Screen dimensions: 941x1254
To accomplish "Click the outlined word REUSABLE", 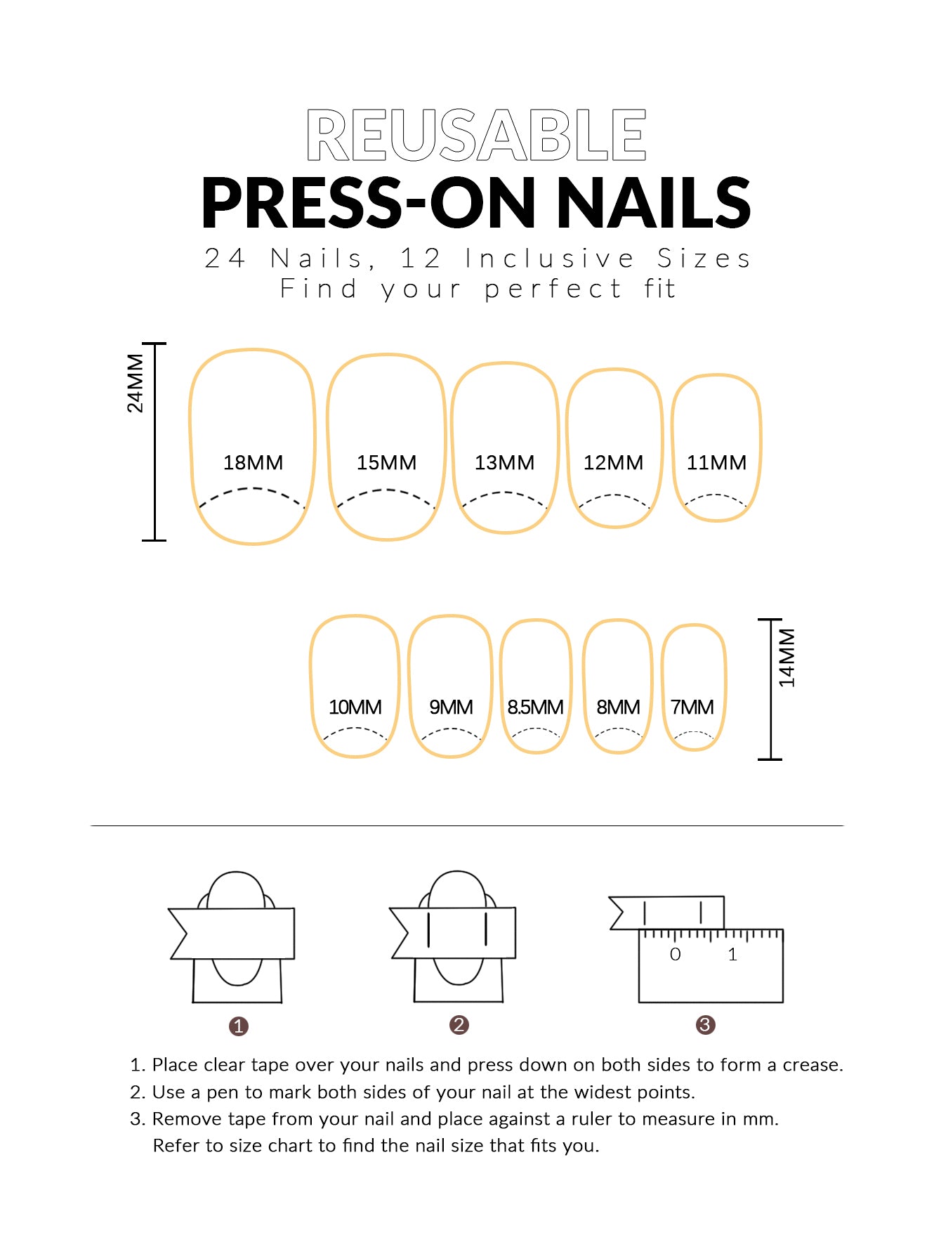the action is click(476, 135).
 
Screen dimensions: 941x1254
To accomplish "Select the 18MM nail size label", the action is click(253, 462).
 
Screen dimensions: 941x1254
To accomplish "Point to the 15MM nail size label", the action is click(386, 462).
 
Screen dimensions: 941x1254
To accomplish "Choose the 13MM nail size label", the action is click(504, 462).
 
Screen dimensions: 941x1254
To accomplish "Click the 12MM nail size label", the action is click(613, 462).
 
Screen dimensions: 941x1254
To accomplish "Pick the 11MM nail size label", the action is click(716, 462).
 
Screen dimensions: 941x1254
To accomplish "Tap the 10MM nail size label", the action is click(355, 707).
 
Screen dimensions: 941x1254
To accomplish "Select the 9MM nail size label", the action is click(451, 707).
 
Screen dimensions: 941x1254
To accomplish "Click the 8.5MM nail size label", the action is click(535, 707).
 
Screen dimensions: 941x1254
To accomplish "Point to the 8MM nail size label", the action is click(618, 707).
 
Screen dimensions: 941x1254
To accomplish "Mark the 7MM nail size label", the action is click(692, 707).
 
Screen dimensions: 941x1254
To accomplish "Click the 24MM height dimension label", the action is click(135, 383).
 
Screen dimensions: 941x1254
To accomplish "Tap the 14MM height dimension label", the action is click(787, 658).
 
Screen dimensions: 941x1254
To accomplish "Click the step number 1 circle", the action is click(239, 1026).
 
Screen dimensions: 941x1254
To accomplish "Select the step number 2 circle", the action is click(459, 1025).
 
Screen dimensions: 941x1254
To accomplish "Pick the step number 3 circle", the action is click(705, 1025).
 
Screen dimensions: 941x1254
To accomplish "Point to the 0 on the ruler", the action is click(675, 954).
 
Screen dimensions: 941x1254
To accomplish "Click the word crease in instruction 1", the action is click(813, 1065).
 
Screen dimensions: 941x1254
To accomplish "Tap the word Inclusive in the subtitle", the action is click(550, 259).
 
